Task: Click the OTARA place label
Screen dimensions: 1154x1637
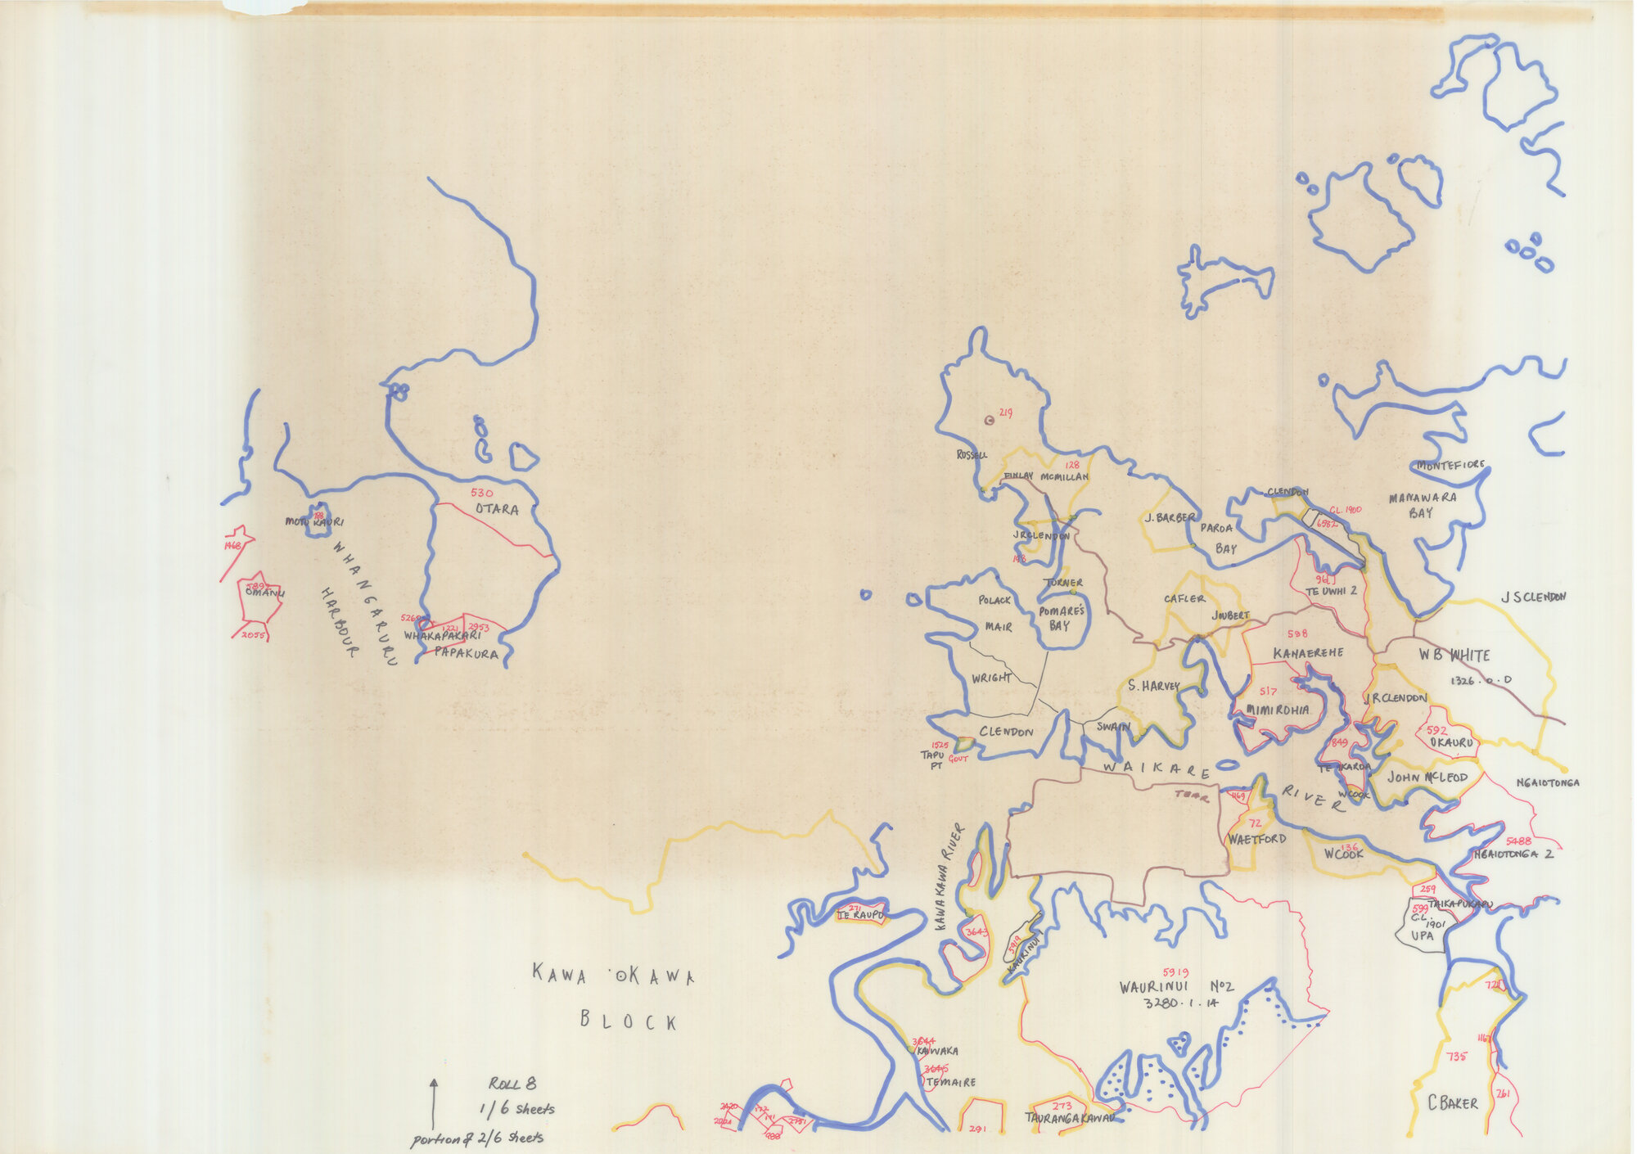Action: pyautogui.click(x=497, y=509)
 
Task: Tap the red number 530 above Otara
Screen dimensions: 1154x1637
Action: pyautogui.click(x=482, y=493)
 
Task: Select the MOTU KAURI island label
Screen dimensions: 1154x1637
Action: pyautogui.click(x=313, y=521)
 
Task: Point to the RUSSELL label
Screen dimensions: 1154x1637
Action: pyautogui.click(x=972, y=455)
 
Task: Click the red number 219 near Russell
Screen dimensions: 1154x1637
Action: pyautogui.click(x=1005, y=413)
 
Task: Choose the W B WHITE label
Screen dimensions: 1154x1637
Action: pyautogui.click(x=1443, y=655)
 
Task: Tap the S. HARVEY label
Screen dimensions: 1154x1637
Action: pyautogui.click(x=1153, y=686)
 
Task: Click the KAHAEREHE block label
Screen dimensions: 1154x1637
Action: pyautogui.click(x=1308, y=653)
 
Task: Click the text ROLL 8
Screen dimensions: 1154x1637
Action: pyautogui.click(x=512, y=1084)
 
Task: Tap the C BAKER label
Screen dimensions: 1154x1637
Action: pyautogui.click(x=1453, y=1103)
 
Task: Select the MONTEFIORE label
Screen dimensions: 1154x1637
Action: pyautogui.click(x=1450, y=465)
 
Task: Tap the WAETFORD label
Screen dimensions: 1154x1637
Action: pyautogui.click(x=1256, y=839)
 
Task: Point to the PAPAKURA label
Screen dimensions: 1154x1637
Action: pyautogui.click(x=466, y=653)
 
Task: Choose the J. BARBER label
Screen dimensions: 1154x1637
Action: pyautogui.click(x=1170, y=517)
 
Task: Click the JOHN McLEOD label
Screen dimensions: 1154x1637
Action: pyautogui.click(x=1427, y=778)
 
